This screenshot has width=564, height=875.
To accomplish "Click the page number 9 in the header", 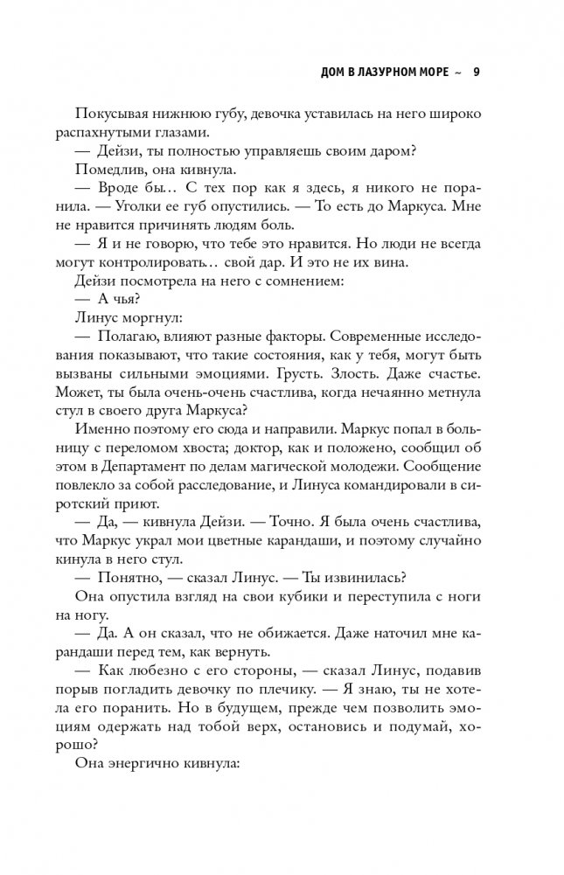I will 476,72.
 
